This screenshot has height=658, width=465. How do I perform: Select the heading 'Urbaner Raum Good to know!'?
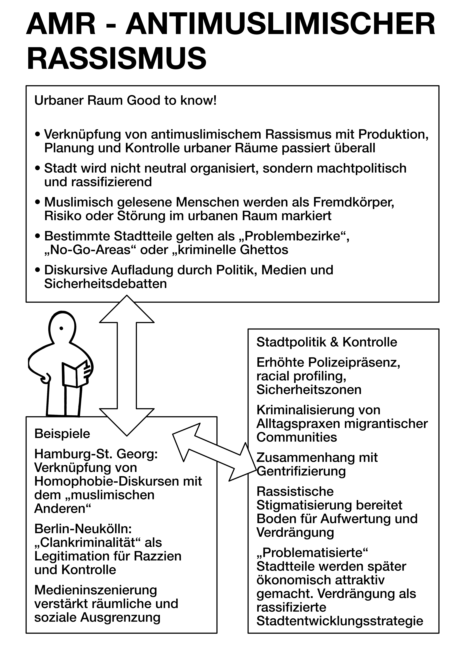click(125, 101)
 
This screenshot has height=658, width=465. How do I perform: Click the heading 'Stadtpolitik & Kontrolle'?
click(327, 342)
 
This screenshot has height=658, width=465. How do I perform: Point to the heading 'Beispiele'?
click(62, 434)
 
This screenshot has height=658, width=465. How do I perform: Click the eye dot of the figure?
click(61, 328)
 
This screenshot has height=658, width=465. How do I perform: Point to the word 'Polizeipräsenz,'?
click(354, 362)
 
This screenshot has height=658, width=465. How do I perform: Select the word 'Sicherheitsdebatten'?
click(105, 284)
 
